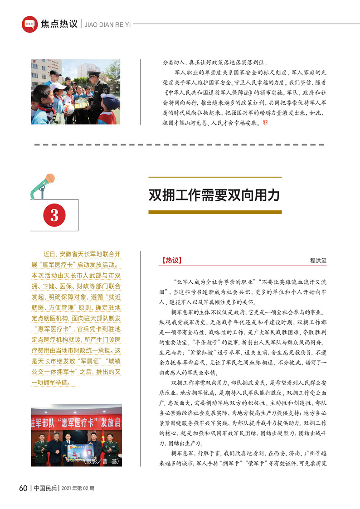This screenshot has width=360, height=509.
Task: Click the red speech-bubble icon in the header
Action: (x=29, y=24)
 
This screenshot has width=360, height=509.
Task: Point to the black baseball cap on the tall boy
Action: (x=55, y=73)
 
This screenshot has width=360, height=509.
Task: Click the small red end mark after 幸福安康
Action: (x=266, y=123)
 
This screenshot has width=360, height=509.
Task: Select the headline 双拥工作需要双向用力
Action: (x=214, y=195)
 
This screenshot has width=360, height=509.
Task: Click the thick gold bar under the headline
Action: (x=215, y=212)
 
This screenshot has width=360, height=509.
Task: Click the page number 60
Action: (x=23, y=488)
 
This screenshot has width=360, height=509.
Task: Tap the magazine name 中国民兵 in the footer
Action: (x=45, y=489)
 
